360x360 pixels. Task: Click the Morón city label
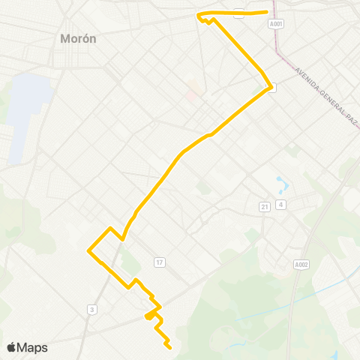[78, 38]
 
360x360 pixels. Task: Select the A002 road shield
[301, 264]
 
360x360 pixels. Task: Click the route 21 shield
[265, 206]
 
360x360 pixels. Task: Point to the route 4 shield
[280, 205]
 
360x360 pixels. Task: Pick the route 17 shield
[159, 262]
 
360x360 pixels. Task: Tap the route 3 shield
[91, 309]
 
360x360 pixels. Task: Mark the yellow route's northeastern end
[268, 11]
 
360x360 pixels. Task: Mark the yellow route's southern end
[171, 348]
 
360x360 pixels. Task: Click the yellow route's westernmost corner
[88, 250]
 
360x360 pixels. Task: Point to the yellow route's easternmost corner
[271, 86]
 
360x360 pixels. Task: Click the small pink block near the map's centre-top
[193, 95]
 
